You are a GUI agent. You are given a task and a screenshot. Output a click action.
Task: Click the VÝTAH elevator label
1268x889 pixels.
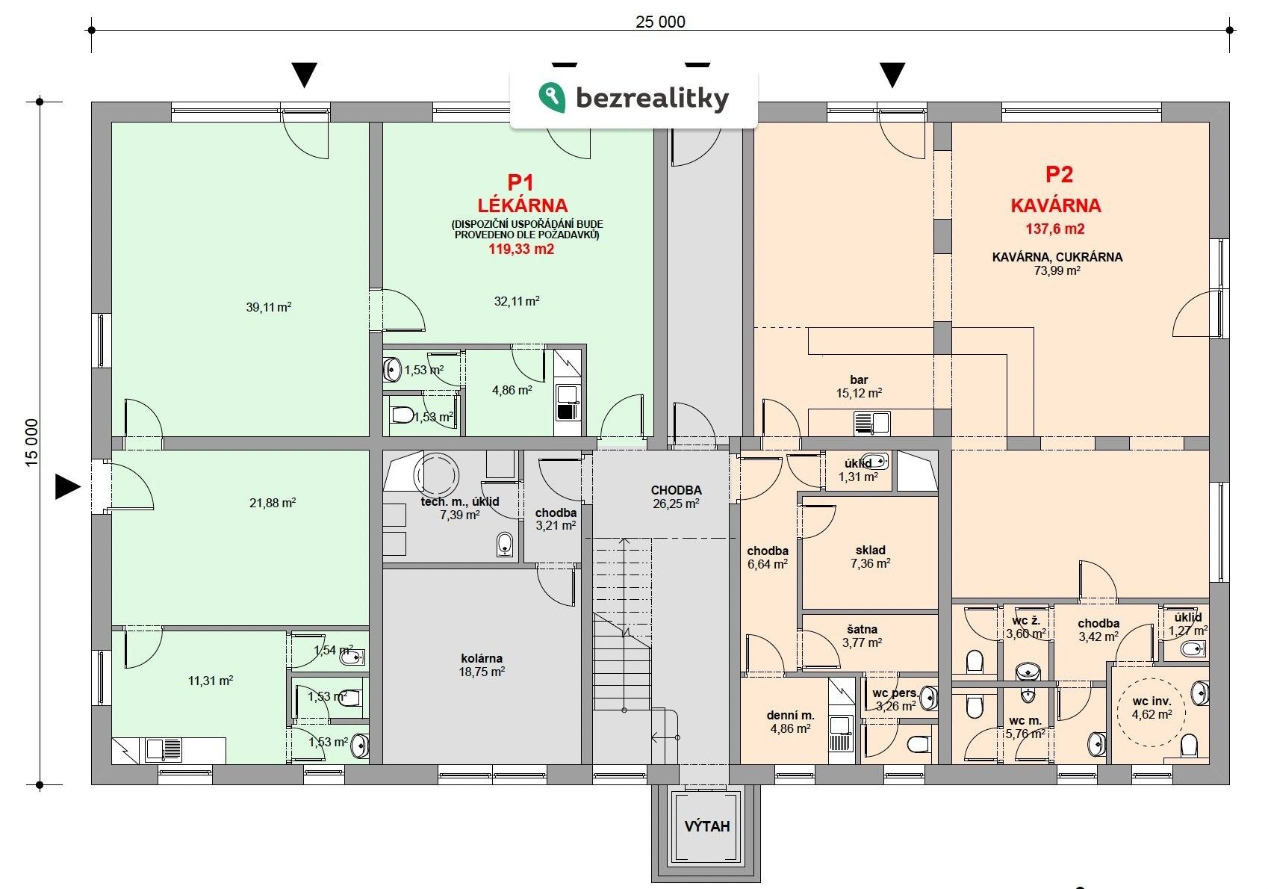[x=707, y=827]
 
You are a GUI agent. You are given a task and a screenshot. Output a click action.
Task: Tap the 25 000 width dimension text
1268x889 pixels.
[x=660, y=22]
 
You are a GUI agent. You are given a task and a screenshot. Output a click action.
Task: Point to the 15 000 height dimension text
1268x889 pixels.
[x=31, y=443]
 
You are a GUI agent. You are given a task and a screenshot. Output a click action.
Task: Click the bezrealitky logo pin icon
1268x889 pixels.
[x=551, y=97]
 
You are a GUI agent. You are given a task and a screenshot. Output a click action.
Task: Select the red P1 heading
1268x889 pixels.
[x=520, y=182]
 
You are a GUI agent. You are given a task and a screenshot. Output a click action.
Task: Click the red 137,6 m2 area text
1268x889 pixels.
[x=1055, y=229]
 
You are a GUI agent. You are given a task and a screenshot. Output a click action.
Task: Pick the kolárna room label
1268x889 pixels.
[x=482, y=659]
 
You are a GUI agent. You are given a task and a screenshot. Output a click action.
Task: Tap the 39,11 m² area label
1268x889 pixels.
[x=268, y=307]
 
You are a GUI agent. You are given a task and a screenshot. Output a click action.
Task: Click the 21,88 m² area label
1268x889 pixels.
[x=273, y=503]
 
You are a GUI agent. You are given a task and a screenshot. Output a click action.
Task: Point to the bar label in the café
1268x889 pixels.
[x=859, y=380]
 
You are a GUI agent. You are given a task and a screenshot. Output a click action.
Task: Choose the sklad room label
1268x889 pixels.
[x=871, y=550]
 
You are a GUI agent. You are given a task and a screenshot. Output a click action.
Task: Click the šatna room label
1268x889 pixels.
[x=862, y=629]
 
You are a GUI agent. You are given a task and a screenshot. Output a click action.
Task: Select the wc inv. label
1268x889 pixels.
[x=1152, y=701]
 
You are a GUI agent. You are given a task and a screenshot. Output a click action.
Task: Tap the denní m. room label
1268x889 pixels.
[x=790, y=715]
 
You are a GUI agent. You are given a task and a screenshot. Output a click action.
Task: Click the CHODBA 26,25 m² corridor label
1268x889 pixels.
[x=677, y=497]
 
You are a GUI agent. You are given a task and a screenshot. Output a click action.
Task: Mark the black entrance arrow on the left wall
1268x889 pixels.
[x=67, y=487]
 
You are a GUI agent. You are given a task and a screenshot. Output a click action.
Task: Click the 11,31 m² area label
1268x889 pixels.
[x=211, y=681]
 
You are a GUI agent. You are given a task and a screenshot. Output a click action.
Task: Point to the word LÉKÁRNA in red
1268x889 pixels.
[x=523, y=205]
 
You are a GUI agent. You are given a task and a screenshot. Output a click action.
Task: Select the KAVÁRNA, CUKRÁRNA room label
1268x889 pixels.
[x=1057, y=257]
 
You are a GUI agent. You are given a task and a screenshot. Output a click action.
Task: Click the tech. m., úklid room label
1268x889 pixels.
[x=460, y=502]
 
